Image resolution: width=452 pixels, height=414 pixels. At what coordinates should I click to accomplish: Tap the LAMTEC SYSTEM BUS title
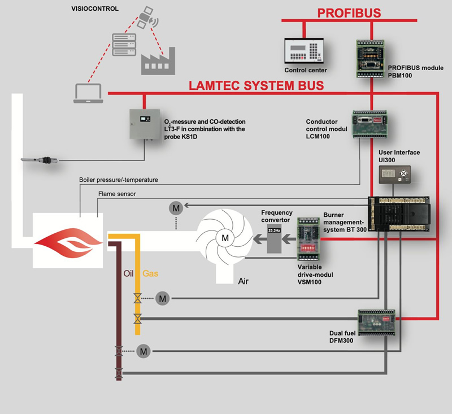click(x=256, y=86)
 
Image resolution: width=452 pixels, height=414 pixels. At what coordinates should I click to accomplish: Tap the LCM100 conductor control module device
click(x=369, y=123)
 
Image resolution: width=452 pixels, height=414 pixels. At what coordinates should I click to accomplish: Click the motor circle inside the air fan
click(x=225, y=238)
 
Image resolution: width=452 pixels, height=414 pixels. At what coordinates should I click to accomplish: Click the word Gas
click(x=150, y=273)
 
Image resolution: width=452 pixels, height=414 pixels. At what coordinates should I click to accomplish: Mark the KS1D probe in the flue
click(x=40, y=160)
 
